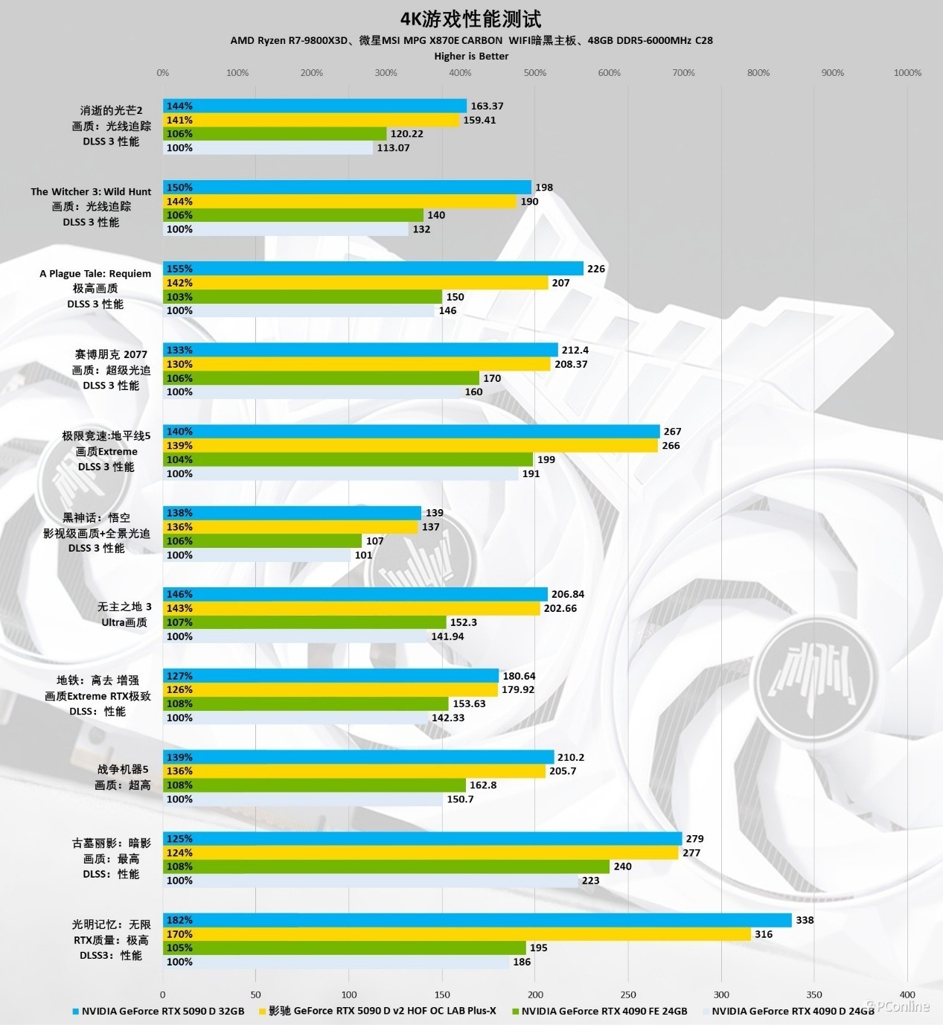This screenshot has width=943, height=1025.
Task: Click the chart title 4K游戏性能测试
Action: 471,19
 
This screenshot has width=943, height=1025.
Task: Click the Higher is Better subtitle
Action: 471,56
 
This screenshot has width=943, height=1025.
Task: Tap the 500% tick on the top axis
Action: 534,73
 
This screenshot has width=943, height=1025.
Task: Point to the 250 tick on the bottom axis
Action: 628,994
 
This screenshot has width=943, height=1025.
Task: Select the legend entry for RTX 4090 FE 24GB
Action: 604,1011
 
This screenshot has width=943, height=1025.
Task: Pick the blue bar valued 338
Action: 476,920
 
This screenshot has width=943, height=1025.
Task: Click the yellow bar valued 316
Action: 457,934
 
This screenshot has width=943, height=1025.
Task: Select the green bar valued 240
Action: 386,866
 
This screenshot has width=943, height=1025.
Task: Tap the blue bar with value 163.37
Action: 315,106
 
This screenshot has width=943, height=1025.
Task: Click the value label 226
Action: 596,269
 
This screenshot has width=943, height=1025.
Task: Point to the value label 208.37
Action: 571,364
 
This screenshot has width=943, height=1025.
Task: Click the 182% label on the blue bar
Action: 179,920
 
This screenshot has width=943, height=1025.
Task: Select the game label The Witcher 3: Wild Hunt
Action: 91,191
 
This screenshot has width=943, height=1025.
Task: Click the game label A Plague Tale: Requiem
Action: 95,273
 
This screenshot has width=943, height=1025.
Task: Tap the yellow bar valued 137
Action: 290,527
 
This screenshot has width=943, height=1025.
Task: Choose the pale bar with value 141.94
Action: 295,636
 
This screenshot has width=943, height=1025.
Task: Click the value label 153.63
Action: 469,703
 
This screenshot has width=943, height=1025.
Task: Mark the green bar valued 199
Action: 348,460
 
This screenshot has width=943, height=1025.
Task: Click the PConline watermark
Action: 902,1006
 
